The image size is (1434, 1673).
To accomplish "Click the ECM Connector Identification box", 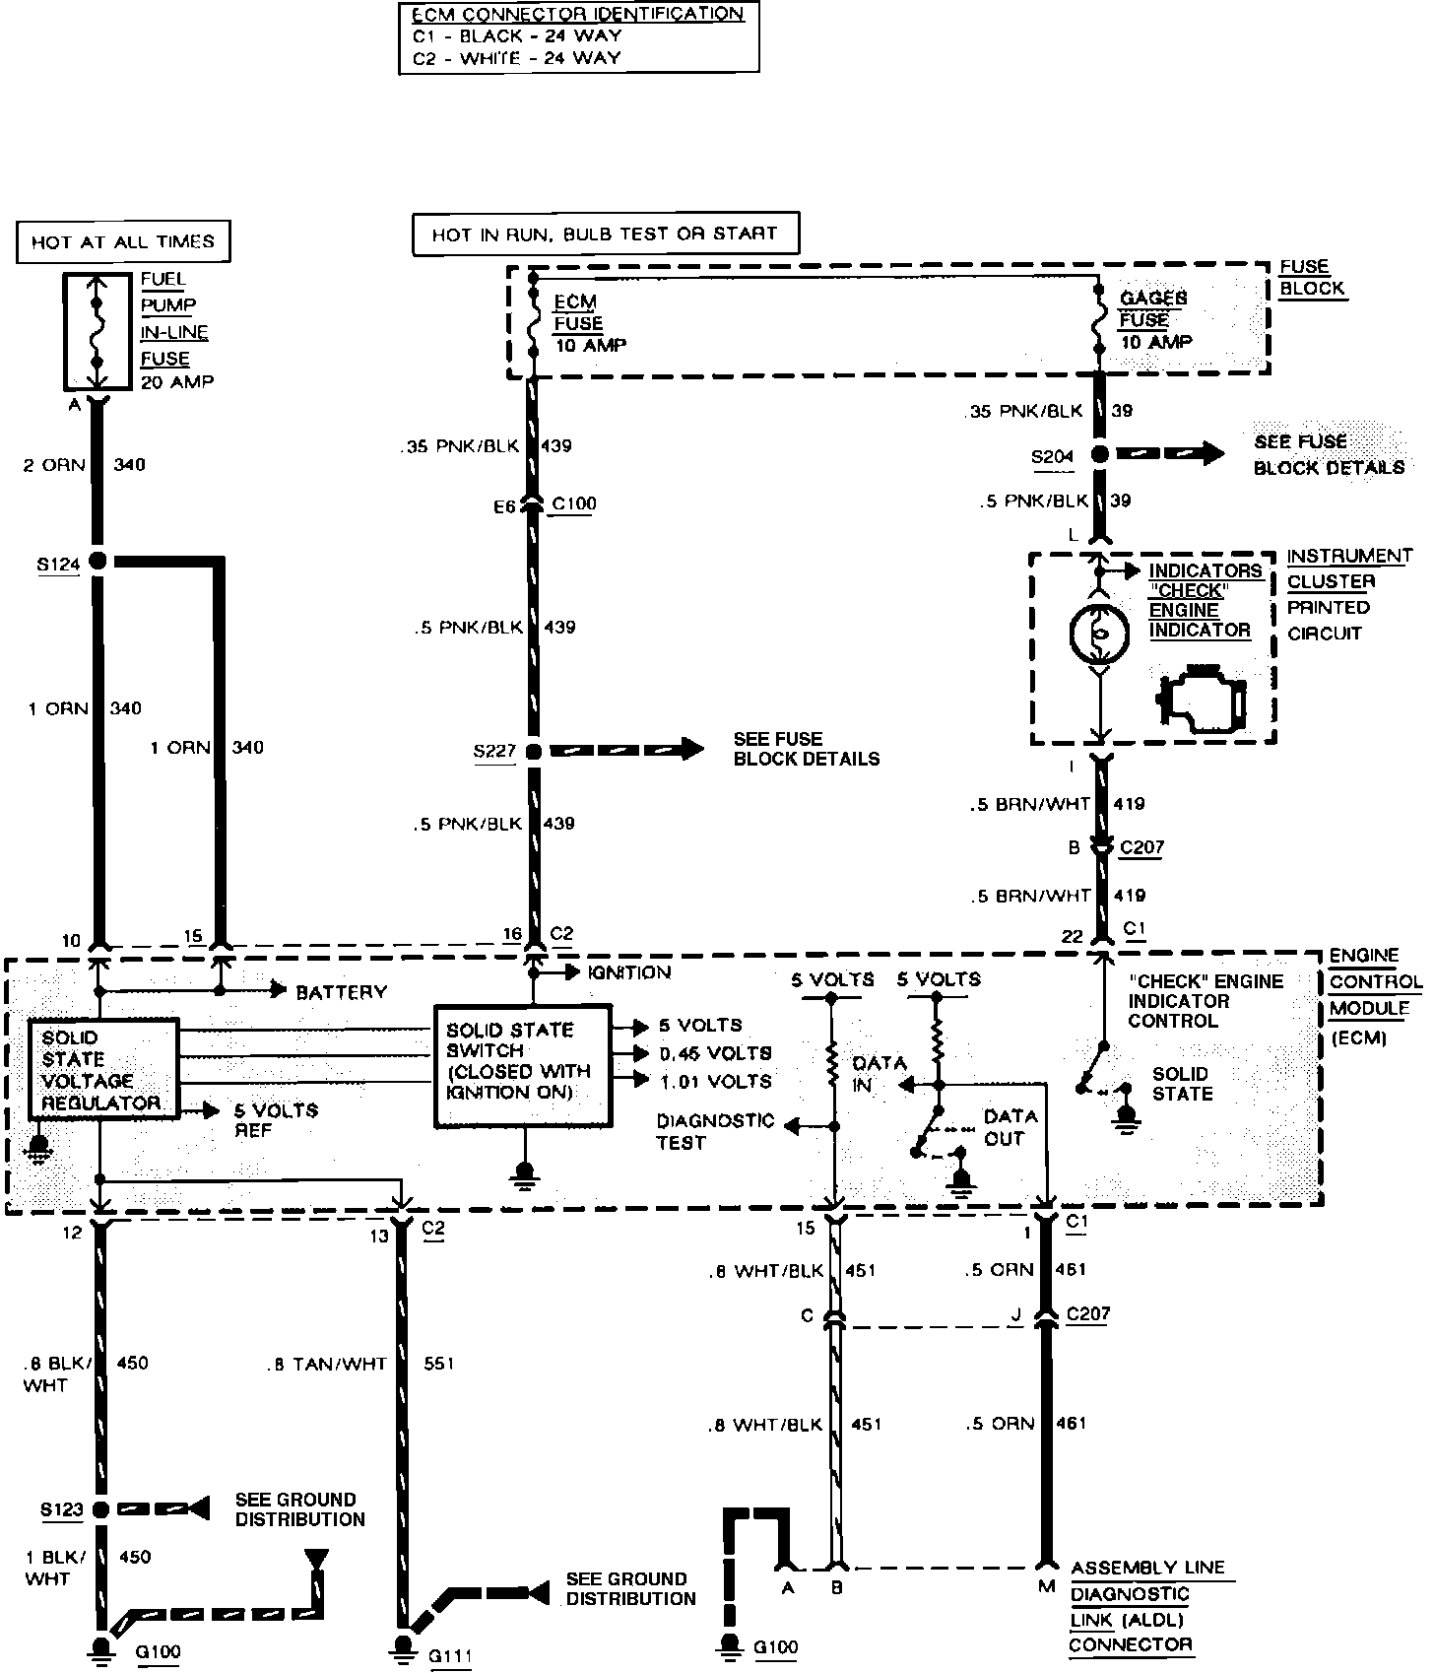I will click(x=579, y=37).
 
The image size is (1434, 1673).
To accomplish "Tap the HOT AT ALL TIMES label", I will click(x=123, y=242).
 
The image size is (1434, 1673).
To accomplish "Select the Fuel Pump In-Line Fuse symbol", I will click(x=97, y=332).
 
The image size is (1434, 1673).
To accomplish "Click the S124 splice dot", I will click(x=98, y=562).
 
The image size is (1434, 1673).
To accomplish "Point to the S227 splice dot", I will click(x=534, y=752).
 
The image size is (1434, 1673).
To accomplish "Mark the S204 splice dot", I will click(x=1100, y=454).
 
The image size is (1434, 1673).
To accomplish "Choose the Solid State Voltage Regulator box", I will click(x=103, y=1070).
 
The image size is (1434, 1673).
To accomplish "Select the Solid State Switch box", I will click(x=522, y=1066).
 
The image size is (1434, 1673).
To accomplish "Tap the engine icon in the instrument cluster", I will click(x=1204, y=703).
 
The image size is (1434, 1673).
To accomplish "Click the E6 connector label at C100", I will click(x=504, y=507).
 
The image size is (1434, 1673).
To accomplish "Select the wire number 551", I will click(x=439, y=1364).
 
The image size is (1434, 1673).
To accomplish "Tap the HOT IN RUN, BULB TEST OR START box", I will click(x=605, y=234).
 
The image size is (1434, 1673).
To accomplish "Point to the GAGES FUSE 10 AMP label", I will click(x=1154, y=320).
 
